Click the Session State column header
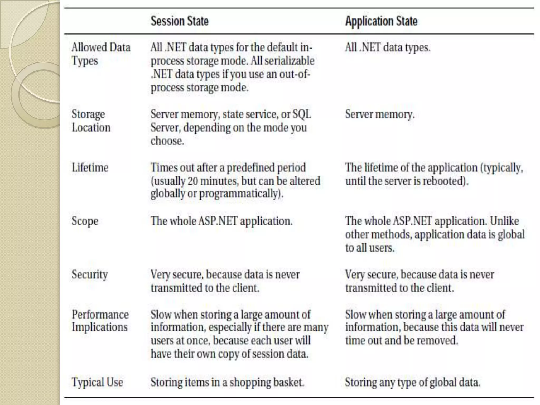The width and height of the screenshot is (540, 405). [180, 21]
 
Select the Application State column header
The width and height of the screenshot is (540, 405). [381, 21]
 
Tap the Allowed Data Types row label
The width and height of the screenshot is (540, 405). [101, 54]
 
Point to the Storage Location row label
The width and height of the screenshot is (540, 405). [91, 121]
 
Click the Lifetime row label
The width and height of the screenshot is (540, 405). [90, 168]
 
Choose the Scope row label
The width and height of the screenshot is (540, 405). [85, 221]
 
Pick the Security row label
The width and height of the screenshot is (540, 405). [90, 274]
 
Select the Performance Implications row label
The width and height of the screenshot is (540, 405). [100, 321]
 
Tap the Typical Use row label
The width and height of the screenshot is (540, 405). [97, 382]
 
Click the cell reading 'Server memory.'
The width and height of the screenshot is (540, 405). [380, 114]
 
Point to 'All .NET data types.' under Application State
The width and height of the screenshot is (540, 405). [388, 48]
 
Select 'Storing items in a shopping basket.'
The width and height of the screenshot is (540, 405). [227, 382]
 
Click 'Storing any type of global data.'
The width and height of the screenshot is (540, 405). [413, 382]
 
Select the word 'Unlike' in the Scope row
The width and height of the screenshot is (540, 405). [504, 221]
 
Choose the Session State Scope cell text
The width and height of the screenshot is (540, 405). [221, 221]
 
